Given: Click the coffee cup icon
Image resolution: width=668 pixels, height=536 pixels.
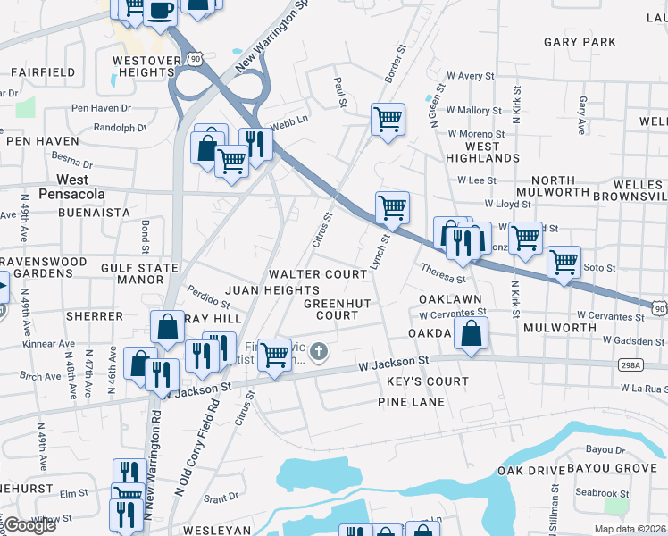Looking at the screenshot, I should [x=160, y=12].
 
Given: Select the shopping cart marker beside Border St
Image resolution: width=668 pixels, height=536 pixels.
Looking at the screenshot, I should [x=388, y=119].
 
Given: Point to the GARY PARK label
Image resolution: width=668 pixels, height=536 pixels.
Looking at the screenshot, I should [x=580, y=42].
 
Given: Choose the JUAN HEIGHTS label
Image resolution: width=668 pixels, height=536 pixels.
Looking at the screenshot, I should [x=271, y=290].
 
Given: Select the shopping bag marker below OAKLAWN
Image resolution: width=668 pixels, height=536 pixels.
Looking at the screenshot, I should [x=471, y=335].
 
